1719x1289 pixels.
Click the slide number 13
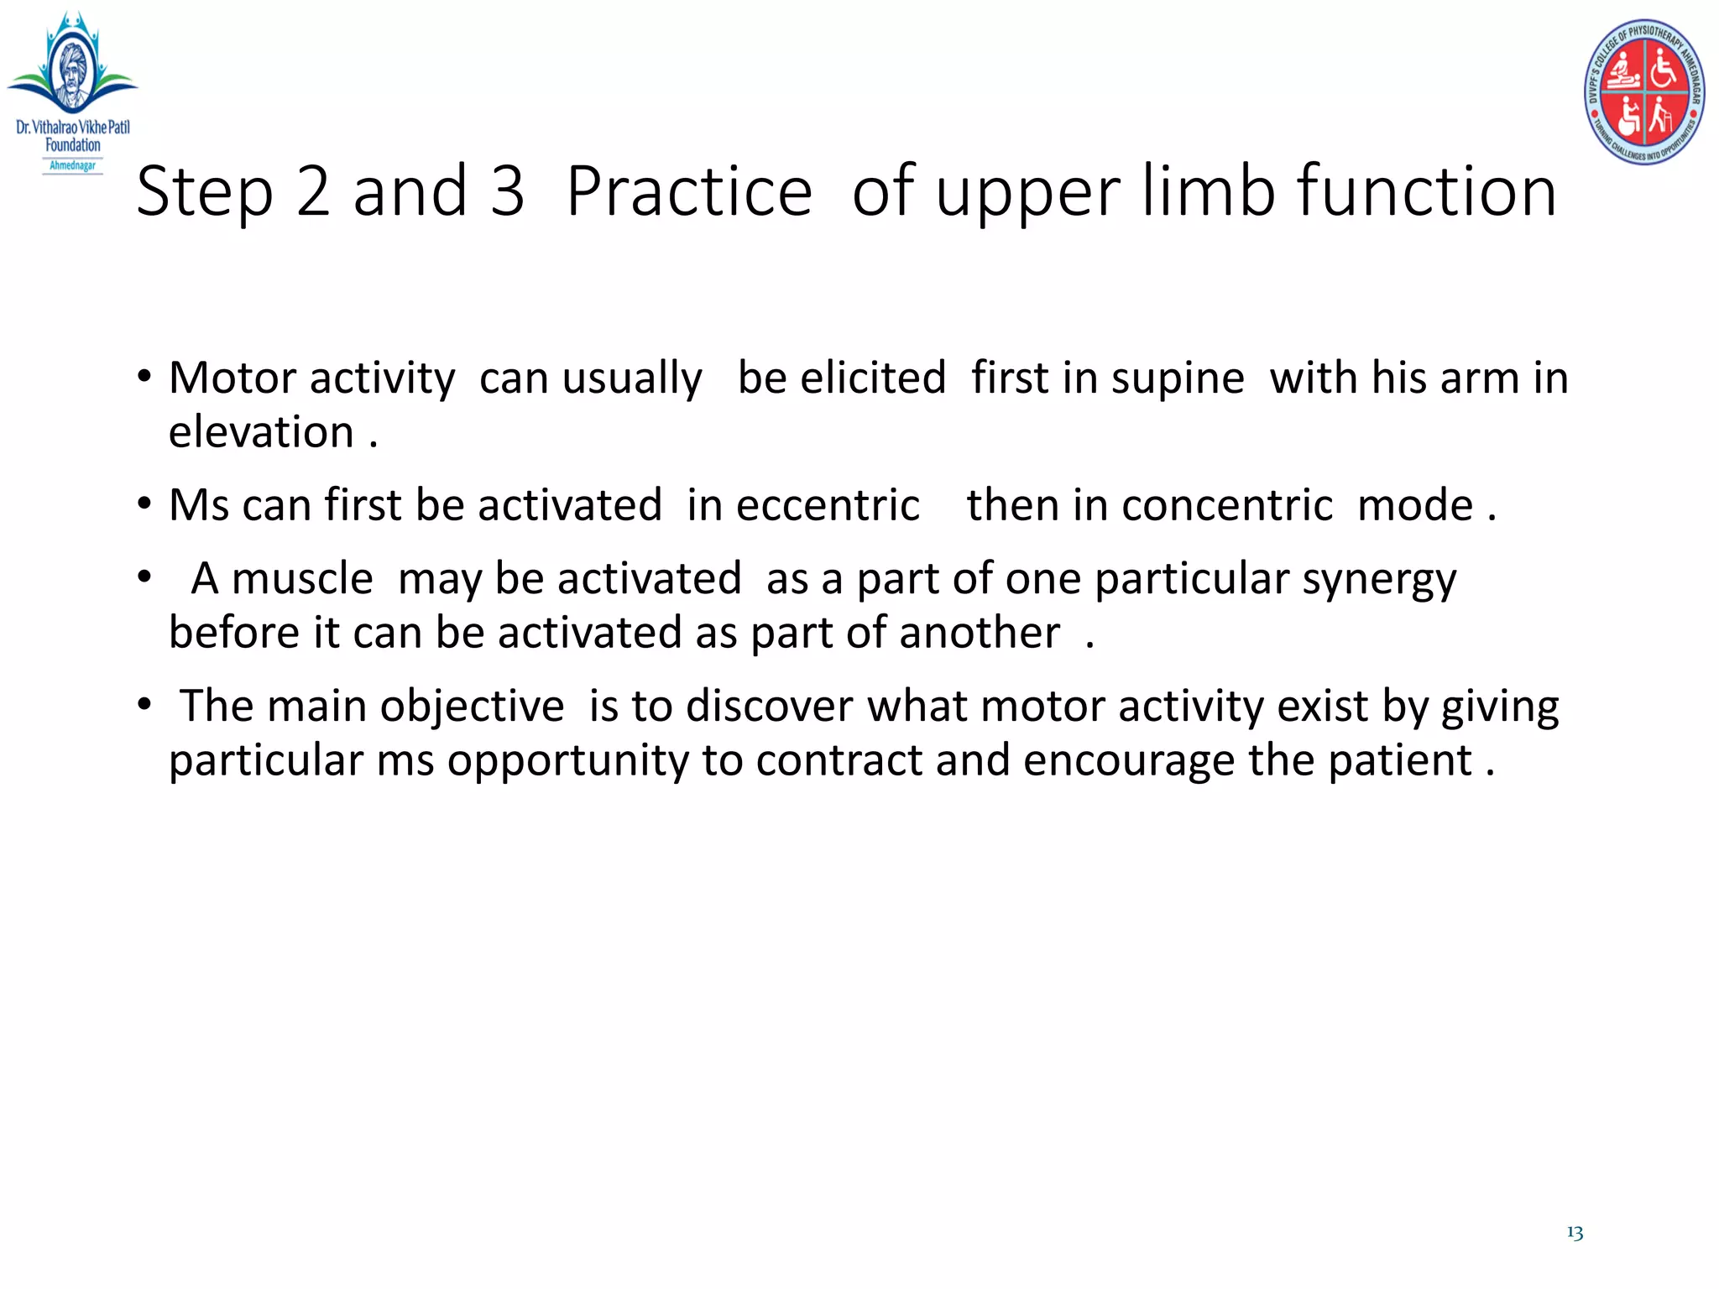(1575, 1232)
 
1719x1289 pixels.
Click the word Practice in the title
(689, 191)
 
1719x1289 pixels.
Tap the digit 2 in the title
(313, 191)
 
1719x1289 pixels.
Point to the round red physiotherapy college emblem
(1644, 92)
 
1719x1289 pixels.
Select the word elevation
(261, 432)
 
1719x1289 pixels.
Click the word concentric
(1226, 505)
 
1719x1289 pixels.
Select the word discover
(769, 707)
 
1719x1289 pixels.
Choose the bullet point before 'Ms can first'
(144, 504)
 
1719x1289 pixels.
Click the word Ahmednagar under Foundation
(73, 165)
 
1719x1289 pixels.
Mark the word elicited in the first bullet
(873, 378)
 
